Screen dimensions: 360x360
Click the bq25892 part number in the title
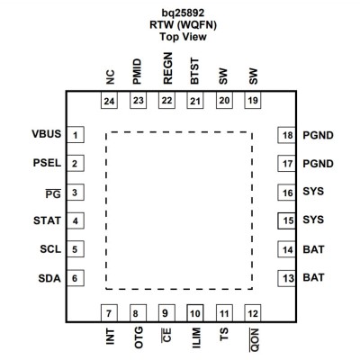pos(183,13)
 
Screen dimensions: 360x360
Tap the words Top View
pos(183,37)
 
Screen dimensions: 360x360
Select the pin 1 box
pos(76,135)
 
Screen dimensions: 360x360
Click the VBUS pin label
pos(47,134)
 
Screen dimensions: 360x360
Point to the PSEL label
pos(47,163)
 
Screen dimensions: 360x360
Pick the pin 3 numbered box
pos(76,193)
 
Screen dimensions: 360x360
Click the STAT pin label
pos(47,220)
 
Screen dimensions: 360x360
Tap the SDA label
pos(49,278)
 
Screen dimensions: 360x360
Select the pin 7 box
pos(109,313)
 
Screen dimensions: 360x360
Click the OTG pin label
pos(139,337)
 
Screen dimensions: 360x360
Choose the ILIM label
pos(196,337)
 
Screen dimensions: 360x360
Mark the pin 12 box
pos(253,313)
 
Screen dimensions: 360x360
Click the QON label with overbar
pos(254,340)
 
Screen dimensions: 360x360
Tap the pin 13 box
pos(287,278)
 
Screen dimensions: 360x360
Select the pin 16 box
pos(287,193)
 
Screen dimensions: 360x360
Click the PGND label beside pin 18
pos(318,135)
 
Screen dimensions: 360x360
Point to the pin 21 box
pos(195,100)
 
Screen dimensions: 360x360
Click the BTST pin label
pos(194,71)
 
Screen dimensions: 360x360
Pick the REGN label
pos(167,68)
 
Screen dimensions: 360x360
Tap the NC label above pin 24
pos(110,77)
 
